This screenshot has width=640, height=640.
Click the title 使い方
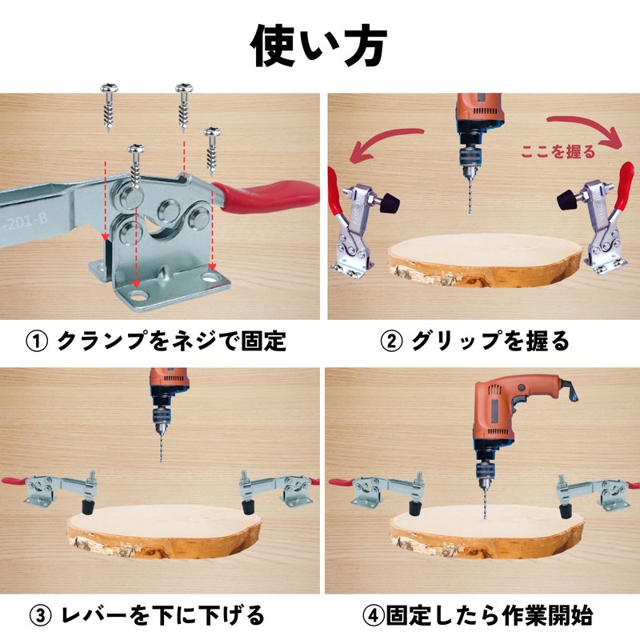point(319,46)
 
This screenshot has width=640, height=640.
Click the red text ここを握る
point(558,150)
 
